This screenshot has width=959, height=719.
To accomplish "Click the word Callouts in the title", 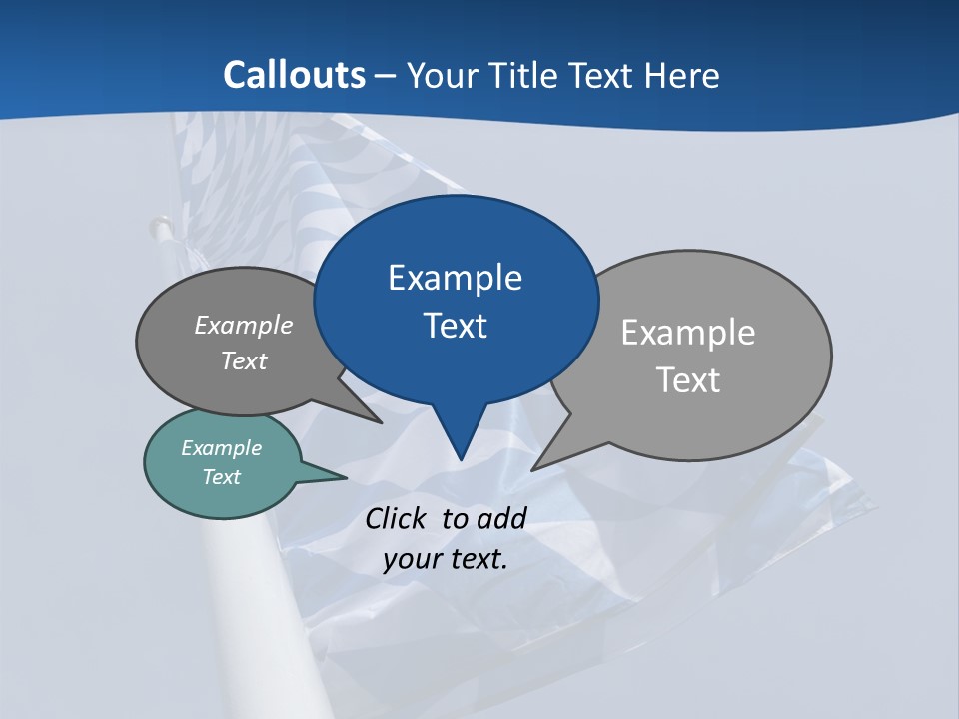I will [x=294, y=75].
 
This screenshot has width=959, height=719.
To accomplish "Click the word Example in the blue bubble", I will [x=455, y=278].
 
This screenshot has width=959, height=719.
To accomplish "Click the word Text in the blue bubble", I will [x=455, y=326].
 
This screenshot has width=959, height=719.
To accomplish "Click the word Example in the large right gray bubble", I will [x=688, y=333].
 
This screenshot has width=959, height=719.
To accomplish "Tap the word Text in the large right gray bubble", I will [x=688, y=380].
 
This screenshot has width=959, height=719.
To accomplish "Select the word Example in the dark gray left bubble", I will [x=244, y=326].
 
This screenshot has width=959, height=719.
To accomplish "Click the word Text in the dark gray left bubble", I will [x=244, y=360].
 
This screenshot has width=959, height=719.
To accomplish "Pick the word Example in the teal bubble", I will [x=222, y=448].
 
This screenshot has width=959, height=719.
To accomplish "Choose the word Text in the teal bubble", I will [x=222, y=477].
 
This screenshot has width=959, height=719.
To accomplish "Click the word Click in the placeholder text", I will [x=397, y=518].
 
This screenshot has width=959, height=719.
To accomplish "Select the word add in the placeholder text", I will [x=501, y=518].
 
